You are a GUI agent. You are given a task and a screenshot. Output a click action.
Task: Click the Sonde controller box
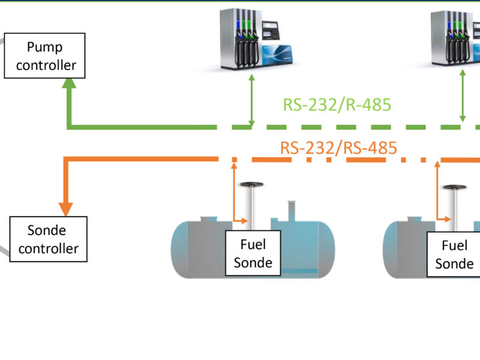pos(49,239)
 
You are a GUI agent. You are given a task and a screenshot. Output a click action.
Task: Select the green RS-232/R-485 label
pos(337,105)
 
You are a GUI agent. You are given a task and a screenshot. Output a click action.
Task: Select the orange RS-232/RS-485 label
pos(339,147)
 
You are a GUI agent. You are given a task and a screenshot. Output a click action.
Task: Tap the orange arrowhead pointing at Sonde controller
pos(65,208)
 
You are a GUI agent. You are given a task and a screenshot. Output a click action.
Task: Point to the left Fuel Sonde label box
pos(253,253)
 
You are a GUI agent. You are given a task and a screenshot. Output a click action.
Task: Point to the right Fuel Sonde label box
pos(454,254)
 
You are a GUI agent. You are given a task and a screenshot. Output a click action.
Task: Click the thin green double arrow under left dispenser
pos(253,100)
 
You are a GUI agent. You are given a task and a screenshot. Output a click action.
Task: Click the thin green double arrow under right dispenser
pos(463,96)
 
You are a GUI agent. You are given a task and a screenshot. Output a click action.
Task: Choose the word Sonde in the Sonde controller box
pos(47,230)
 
